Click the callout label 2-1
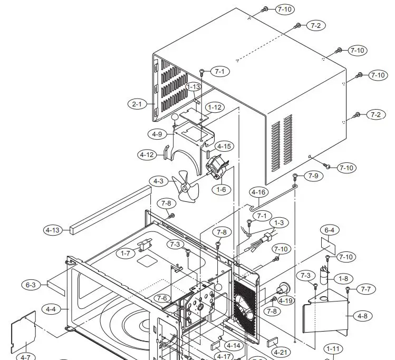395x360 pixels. click(137, 104)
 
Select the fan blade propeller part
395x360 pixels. click(185, 187)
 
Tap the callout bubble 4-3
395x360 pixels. click(158, 181)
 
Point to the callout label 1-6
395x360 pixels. click(221, 189)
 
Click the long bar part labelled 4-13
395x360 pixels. click(105, 211)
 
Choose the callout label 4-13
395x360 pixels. click(52, 230)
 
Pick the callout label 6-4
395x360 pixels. click(329, 230)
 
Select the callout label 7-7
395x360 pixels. click(365, 289)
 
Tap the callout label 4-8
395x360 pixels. click(362, 316)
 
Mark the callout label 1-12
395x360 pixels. click(215, 107)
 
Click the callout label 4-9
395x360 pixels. click(157, 134)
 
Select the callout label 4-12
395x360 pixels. click(146, 155)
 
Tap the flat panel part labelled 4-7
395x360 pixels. click(23, 332)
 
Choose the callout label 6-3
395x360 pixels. click(31, 285)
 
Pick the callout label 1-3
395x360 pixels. click(278, 223)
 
